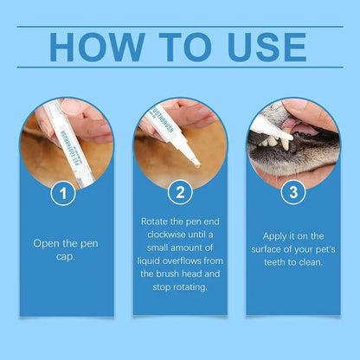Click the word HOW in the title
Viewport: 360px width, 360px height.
[x=94, y=48]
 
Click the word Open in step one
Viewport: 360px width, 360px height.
[x=47, y=243]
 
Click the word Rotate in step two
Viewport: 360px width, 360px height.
[x=155, y=221]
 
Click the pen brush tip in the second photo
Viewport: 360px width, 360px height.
[x=196, y=160]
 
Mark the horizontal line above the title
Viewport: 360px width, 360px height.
[x=179, y=26]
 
